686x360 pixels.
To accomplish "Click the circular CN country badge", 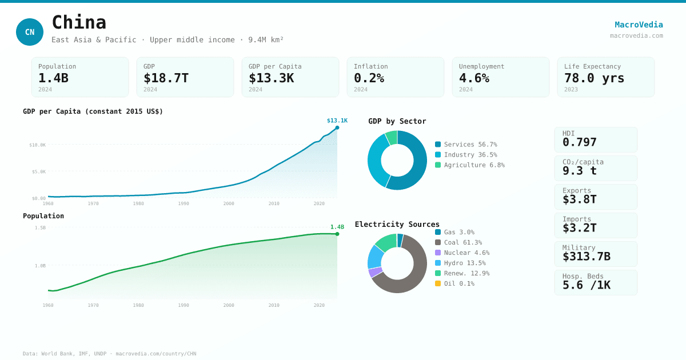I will pyautogui.click(x=30, y=32).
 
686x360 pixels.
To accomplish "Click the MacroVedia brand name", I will pyautogui.click(x=639, y=25).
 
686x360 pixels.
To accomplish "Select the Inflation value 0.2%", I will pyautogui.click(x=369, y=78).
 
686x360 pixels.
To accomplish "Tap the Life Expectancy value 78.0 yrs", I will pyautogui.click(x=594, y=78).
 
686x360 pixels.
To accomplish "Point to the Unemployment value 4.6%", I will pyautogui.click(x=474, y=78).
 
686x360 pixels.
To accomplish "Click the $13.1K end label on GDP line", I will pyautogui.click(x=337, y=121).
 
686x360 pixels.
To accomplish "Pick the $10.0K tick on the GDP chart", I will pyautogui.click(x=38, y=145).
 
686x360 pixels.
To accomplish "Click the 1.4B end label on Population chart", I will pyautogui.click(x=337, y=227).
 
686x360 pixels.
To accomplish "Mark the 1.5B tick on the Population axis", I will pyautogui.click(x=40, y=228).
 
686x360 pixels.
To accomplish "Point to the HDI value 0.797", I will pyautogui.click(x=579, y=142).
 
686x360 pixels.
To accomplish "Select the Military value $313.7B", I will pyautogui.click(x=586, y=257).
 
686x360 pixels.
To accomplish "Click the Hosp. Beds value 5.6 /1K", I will pyautogui.click(x=586, y=285).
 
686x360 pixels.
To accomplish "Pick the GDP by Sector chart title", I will pyautogui.click(x=397, y=121).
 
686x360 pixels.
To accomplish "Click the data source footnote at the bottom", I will pyautogui.click(x=109, y=354).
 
